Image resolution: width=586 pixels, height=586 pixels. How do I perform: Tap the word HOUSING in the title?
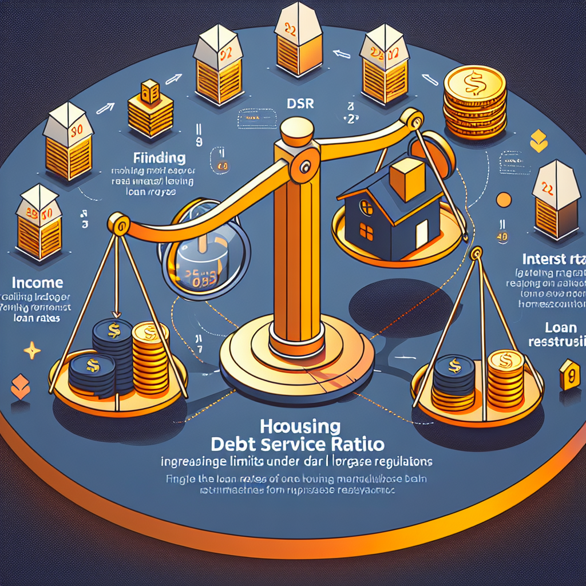(x=300, y=426)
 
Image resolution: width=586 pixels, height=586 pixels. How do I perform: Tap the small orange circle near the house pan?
(x=504, y=200)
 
